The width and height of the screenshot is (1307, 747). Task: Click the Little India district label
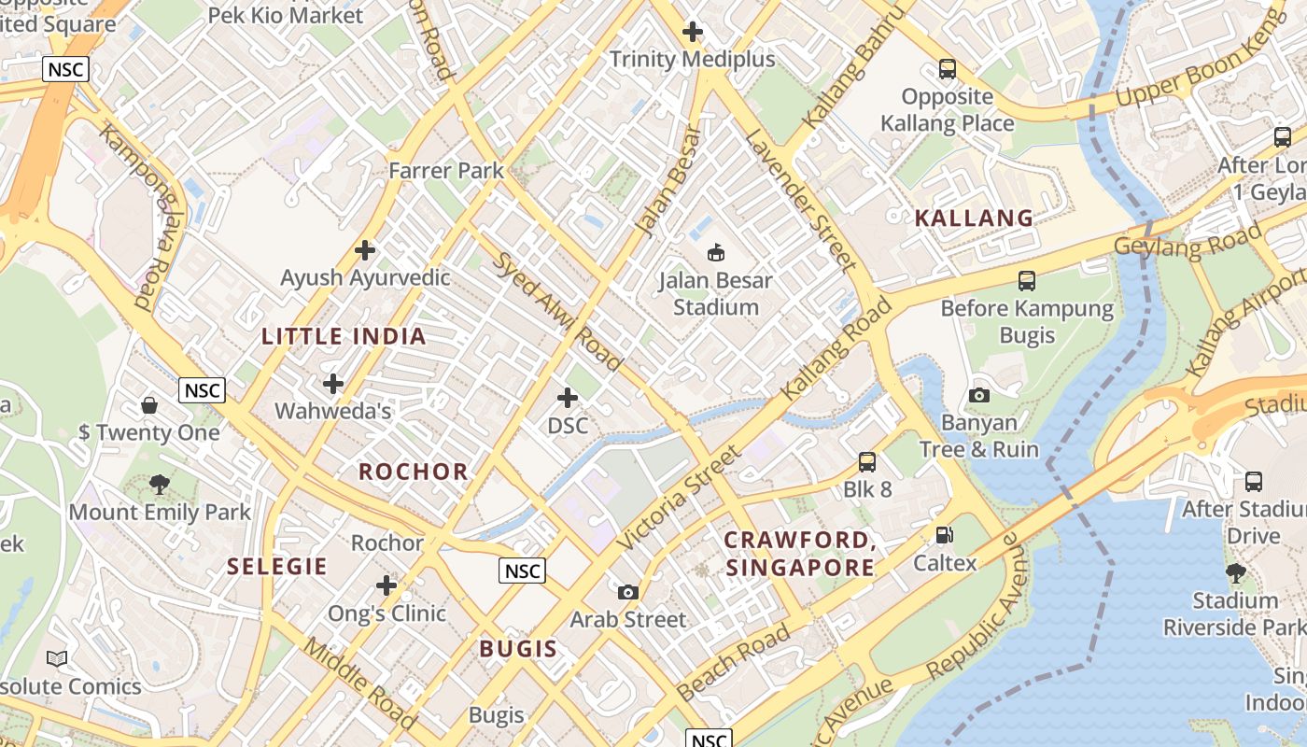tap(344, 337)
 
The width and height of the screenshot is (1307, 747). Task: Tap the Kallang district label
tap(974, 218)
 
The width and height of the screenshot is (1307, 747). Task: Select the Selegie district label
tap(277, 567)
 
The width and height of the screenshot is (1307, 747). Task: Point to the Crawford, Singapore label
tap(800, 554)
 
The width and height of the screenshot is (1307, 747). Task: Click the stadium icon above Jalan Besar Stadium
tap(716, 252)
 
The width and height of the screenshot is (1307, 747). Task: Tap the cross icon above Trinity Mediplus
tap(692, 33)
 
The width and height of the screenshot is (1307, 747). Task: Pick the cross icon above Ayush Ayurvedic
tap(365, 250)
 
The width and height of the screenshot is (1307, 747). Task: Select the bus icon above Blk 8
tap(867, 461)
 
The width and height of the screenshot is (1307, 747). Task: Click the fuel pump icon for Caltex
tap(945, 535)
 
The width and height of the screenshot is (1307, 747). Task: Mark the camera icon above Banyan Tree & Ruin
tap(978, 395)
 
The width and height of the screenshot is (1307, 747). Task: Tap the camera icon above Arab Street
tap(628, 592)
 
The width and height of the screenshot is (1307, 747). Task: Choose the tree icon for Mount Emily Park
tap(160, 485)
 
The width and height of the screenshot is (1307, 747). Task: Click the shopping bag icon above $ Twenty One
tap(149, 405)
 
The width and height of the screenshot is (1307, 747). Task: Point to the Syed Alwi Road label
tap(558, 311)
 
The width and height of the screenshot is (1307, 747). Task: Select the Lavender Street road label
tap(800, 200)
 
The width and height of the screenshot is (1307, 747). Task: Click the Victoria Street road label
tap(679, 496)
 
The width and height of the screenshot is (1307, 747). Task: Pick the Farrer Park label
tap(446, 171)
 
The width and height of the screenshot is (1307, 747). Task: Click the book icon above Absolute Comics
tap(57, 659)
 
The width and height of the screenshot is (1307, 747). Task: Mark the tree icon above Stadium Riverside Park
tap(1235, 572)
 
